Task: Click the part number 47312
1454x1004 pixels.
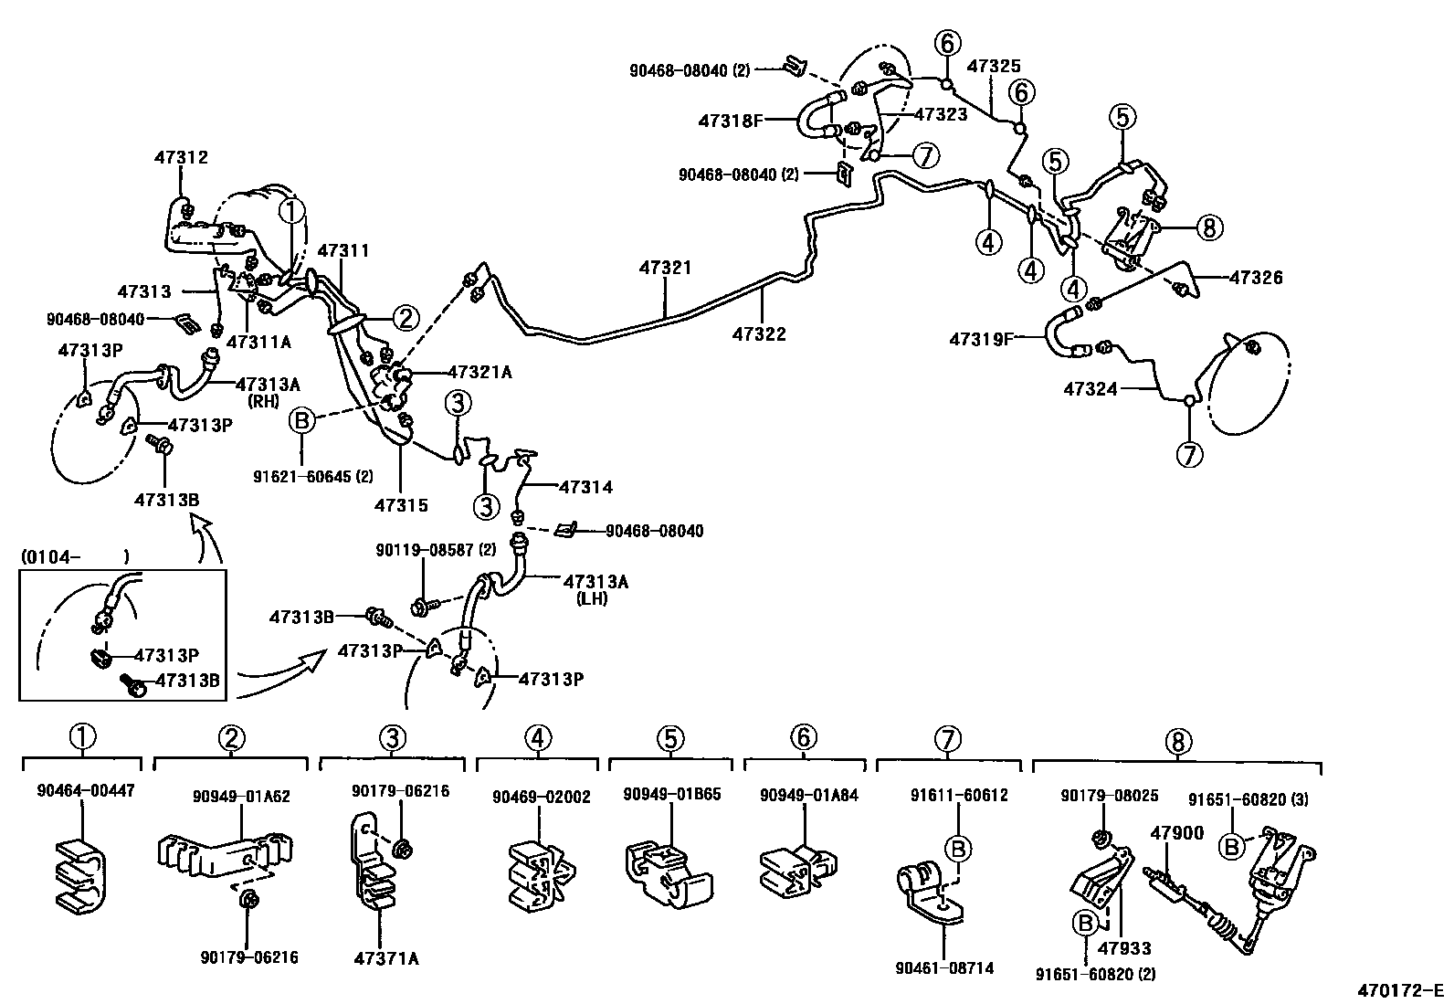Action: coord(181,157)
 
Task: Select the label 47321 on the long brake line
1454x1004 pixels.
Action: coord(665,268)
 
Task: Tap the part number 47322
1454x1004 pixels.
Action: coord(758,334)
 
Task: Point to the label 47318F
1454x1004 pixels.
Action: coord(731,120)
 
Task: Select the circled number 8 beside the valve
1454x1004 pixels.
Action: coord(1209,227)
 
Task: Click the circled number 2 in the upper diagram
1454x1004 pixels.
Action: coord(406,317)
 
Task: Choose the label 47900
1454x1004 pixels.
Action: coord(1176,832)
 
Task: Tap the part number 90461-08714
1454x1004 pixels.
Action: coord(945,967)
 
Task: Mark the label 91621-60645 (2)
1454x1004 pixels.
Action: coord(313,476)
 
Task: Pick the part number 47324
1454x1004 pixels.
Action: coord(1090,389)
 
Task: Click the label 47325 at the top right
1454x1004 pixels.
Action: coord(994,66)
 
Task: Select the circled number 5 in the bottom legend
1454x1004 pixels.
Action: coord(670,736)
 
